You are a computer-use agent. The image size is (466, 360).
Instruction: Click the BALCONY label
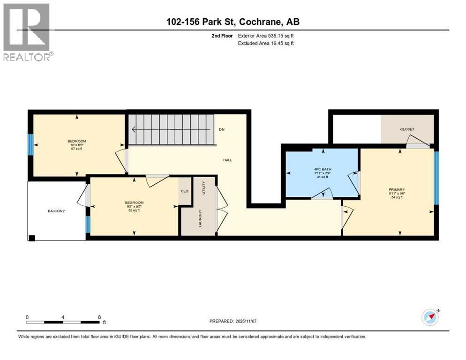click(56, 211)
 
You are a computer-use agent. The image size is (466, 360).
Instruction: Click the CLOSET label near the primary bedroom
click(407, 129)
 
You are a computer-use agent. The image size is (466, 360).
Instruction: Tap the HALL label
click(227, 160)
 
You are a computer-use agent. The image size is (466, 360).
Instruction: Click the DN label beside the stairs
click(222, 129)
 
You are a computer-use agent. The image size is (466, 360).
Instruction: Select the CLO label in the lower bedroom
click(185, 191)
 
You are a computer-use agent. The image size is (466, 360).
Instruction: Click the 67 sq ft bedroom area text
click(77, 149)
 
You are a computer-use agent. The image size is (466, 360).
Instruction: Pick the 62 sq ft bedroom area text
click(135, 210)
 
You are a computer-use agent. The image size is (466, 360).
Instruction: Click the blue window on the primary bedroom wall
click(436, 178)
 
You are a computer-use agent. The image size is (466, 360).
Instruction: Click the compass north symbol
click(430, 317)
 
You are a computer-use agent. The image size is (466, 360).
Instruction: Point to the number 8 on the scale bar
click(99, 317)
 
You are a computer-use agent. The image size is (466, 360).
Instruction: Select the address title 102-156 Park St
click(233, 22)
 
